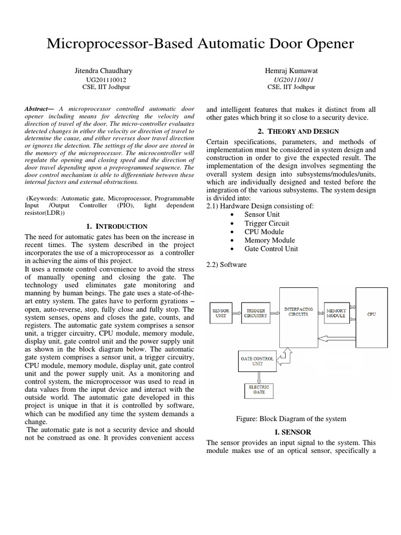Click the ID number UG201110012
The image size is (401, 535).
tap(106, 79)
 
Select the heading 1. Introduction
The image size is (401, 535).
tap(116, 226)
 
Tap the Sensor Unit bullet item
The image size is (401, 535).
tap(262, 215)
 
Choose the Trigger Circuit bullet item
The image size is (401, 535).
tap(266, 223)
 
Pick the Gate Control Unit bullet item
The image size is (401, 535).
tap(271, 249)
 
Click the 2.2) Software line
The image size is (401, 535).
tap(227, 265)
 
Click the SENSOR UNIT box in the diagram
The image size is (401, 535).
tap(221, 313)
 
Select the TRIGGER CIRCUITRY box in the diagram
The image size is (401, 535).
tap(256, 313)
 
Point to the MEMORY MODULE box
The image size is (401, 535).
tap(336, 313)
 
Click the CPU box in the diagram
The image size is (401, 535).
tap(371, 313)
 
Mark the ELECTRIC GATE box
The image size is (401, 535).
tap(259, 389)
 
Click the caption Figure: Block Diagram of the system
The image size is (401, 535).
tap(291, 418)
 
